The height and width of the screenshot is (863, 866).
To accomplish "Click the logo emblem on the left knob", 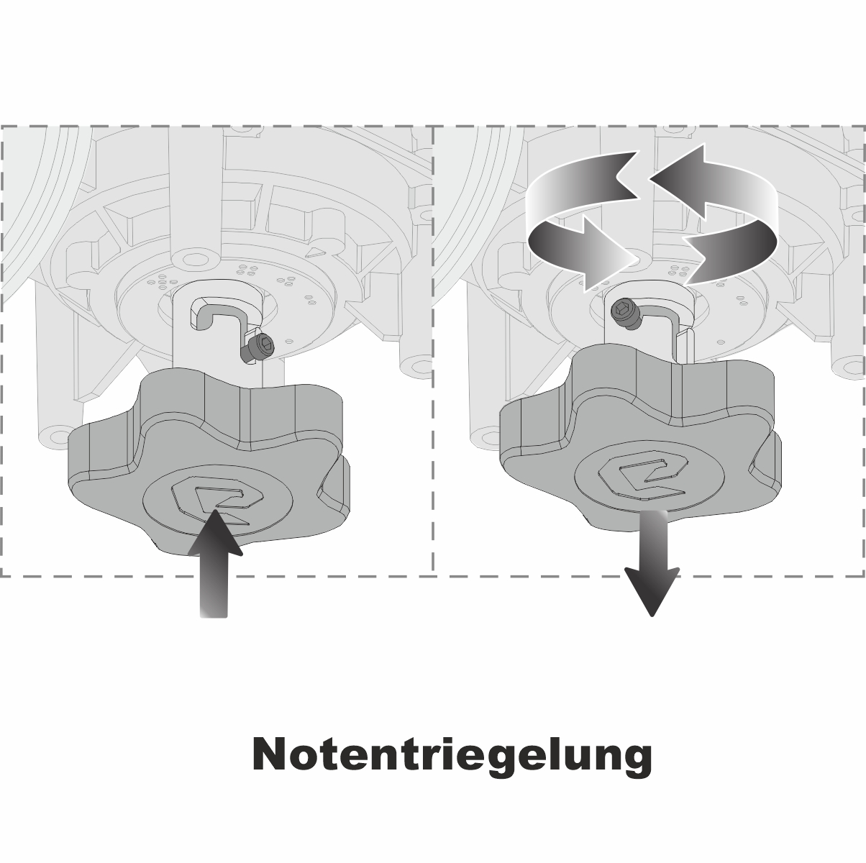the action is [217, 499].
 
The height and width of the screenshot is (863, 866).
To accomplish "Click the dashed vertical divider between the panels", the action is [433, 351].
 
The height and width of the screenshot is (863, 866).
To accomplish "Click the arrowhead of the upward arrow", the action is [215, 533].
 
